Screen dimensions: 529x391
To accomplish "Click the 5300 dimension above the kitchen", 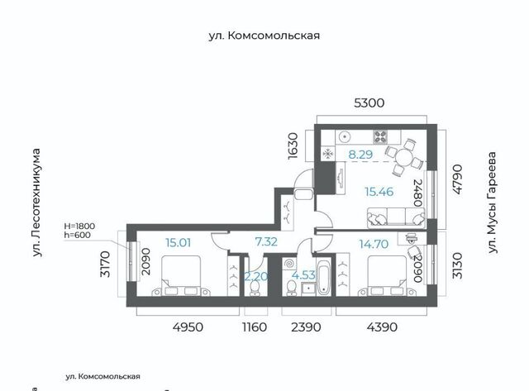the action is click(x=369, y=103).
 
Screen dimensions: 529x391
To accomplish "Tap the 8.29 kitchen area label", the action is click(x=360, y=155).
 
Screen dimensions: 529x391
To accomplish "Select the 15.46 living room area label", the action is click(x=379, y=192).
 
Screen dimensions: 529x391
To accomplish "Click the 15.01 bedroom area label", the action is click(x=179, y=242).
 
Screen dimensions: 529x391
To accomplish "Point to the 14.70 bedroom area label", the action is click(x=374, y=244).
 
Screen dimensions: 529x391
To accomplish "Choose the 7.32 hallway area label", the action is click(x=266, y=241).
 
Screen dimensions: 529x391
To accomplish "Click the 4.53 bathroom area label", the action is click(x=303, y=275).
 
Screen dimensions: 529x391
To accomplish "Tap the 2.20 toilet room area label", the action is click(x=256, y=277).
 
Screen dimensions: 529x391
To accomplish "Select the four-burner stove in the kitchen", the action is click(x=380, y=136).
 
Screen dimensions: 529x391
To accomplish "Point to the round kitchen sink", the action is click(x=345, y=136).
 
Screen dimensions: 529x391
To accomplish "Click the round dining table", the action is click(x=404, y=158).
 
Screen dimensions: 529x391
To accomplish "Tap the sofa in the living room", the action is click(x=396, y=217).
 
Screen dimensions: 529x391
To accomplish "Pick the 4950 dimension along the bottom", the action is click(x=188, y=327).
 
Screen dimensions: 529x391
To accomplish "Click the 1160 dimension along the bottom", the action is click(x=255, y=327).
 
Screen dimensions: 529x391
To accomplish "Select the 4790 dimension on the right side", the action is click(x=457, y=179).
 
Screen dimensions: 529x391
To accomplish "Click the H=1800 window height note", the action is click(x=79, y=226).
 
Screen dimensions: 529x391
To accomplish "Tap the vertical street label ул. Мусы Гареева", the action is click(x=493, y=203).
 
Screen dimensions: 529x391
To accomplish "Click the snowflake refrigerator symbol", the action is click(x=328, y=154).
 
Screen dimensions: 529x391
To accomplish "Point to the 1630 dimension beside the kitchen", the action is click(x=293, y=145).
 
